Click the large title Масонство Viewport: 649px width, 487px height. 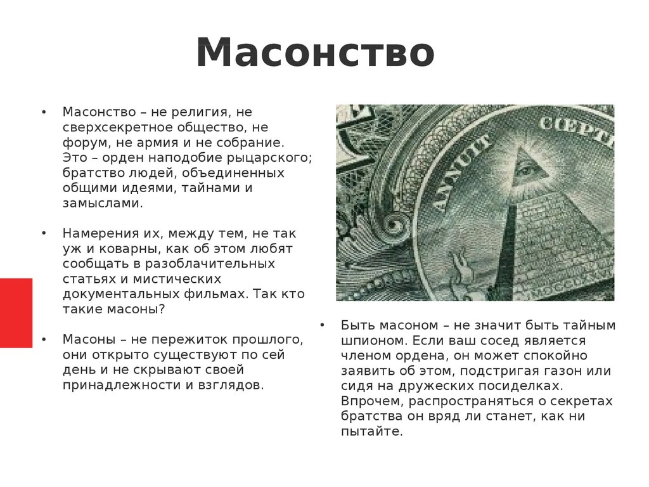click(x=315, y=53)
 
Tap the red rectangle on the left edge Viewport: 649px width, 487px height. click(x=16, y=313)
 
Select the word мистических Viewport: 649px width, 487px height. click(x=171, y=279)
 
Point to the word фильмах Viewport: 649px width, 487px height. click(x=221, y=294)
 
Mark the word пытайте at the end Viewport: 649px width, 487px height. click(x=371, y=432)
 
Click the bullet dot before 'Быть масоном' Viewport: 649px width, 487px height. click(x=322, y=325)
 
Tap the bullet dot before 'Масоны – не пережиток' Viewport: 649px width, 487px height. click(x=44, y=339)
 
